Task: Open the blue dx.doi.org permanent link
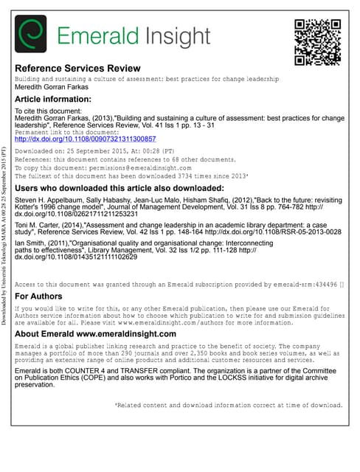click(86, 139)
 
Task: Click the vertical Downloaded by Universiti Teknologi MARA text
click(5, 235)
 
